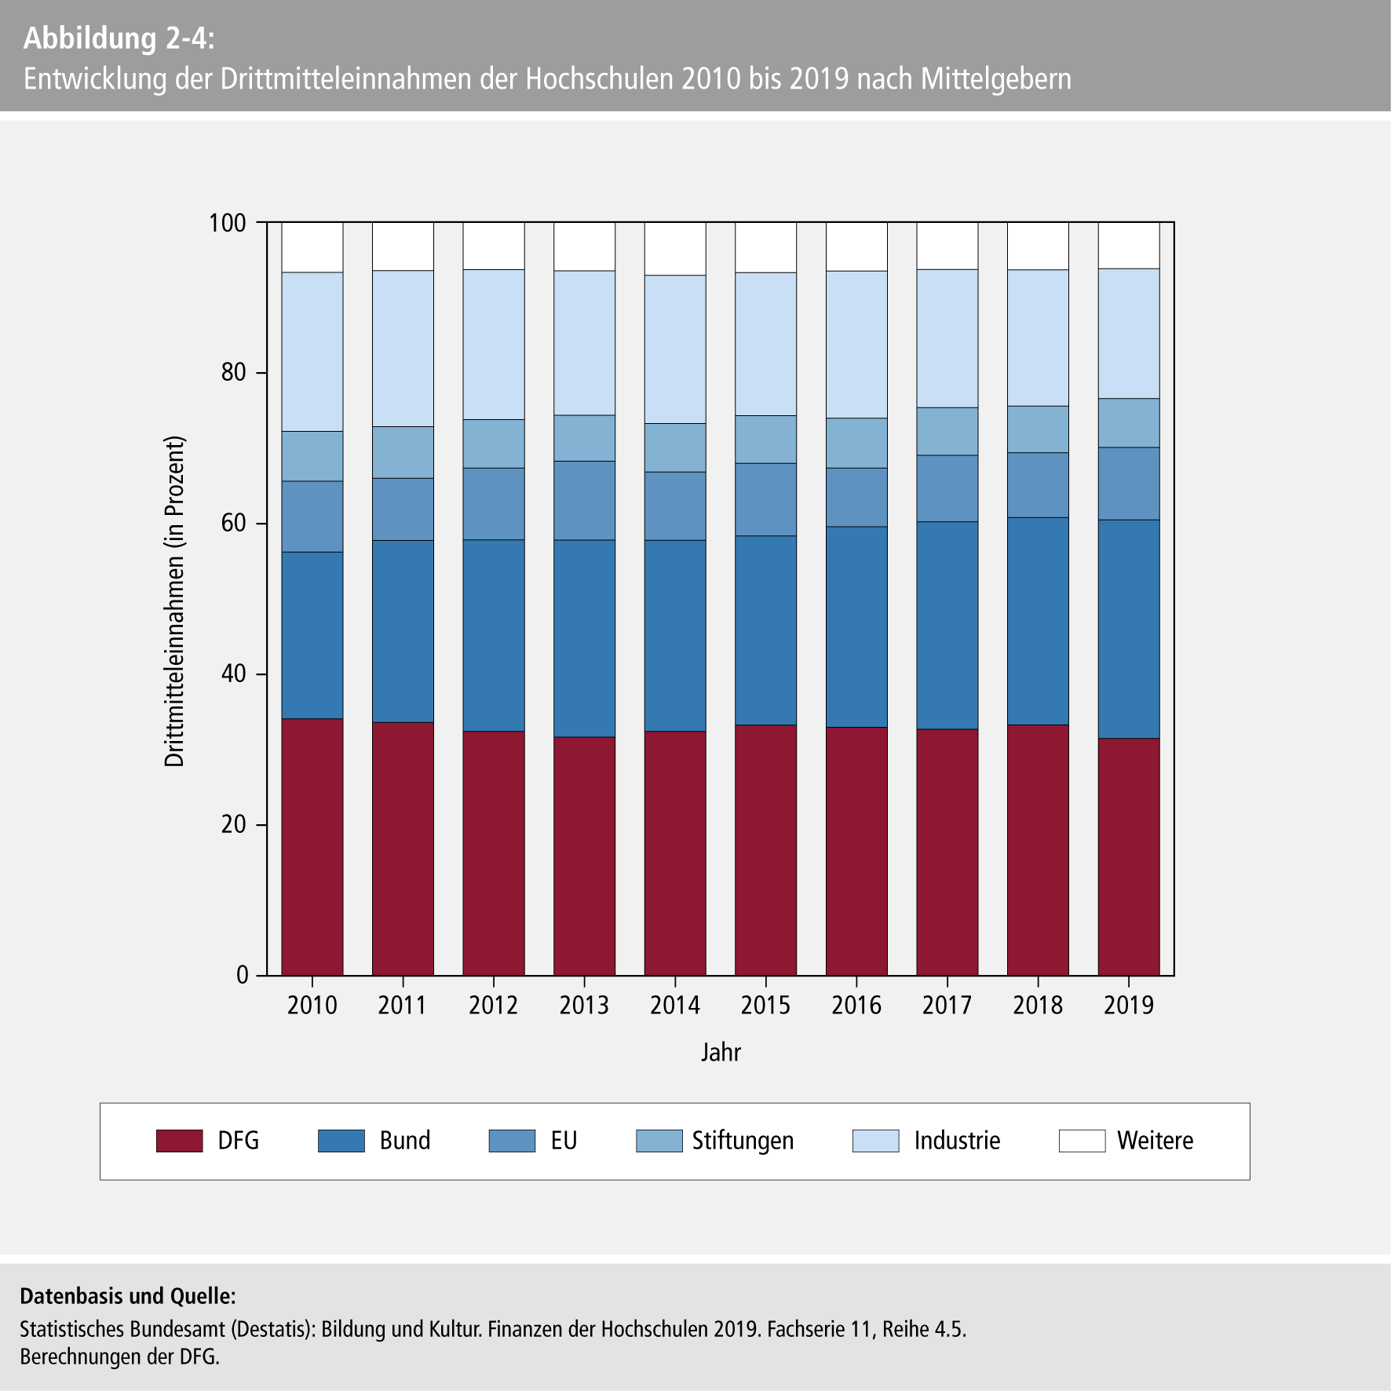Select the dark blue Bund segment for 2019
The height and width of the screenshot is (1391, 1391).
tap(1129, 629)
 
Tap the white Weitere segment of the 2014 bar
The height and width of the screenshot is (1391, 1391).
tap(675, 248)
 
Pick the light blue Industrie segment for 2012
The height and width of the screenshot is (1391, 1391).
tap(494, 345)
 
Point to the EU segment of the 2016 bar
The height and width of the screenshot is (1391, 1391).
tap(856, 497)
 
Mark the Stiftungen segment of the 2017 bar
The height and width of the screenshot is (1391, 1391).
tap(947, 431)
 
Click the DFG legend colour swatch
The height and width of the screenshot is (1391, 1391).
tap(179, 1141)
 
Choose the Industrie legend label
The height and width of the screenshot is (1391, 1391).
tap(957, 1141)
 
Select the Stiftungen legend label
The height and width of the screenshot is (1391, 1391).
tap(743, 1141)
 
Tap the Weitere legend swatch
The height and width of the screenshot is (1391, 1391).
tap(1082, 1141)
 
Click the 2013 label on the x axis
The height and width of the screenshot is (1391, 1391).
tap(584, 1006)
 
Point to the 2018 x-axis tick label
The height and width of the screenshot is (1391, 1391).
tap(1038, 1006)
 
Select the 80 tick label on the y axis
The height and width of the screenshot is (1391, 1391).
tap(233, 373)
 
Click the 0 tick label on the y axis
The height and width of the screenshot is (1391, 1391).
tap(242, 976)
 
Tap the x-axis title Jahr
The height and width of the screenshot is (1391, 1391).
tap(721, 1052)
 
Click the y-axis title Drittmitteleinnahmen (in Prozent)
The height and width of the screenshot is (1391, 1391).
tap(174, 601)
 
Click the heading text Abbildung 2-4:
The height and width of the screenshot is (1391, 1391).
tap(119, 38)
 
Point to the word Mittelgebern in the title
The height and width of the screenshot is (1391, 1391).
tap(996, 79)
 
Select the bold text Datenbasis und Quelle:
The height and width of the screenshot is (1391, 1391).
tap(127, 1296)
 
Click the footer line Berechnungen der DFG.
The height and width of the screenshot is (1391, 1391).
tap(119, 1356)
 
